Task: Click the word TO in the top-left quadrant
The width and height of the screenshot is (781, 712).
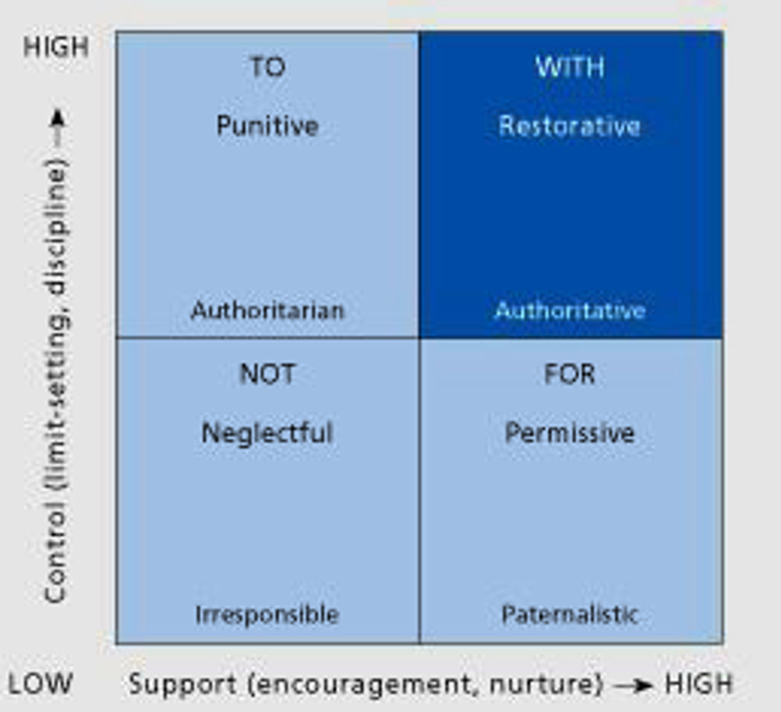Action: click(268, 67)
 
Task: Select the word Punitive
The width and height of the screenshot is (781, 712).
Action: click(267, 126)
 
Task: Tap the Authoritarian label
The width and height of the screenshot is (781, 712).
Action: click(267, 310)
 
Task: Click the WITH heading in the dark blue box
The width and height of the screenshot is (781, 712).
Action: click(571, 67)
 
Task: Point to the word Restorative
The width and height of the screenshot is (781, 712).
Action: click(570, 126)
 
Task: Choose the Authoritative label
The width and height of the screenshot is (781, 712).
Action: click(571, 310)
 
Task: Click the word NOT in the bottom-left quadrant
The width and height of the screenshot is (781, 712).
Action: click(267, 374)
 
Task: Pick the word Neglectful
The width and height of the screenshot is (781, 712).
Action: click(267, 433)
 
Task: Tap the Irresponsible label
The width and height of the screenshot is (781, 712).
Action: click(267, 615)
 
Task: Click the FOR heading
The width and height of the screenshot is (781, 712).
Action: click(570, 374)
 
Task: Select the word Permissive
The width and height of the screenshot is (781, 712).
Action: click(570, 433)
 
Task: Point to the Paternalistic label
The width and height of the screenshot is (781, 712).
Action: click(570, 615)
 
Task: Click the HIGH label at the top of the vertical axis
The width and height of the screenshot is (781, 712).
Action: click(56, 47)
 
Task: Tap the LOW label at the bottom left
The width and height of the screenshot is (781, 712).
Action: click(41, 684)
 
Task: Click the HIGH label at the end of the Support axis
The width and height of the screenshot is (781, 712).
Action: click(698, 684)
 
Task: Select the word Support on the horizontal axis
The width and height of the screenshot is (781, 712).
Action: click(183, 685)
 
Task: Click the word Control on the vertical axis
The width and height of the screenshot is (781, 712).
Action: click(56, 552)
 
